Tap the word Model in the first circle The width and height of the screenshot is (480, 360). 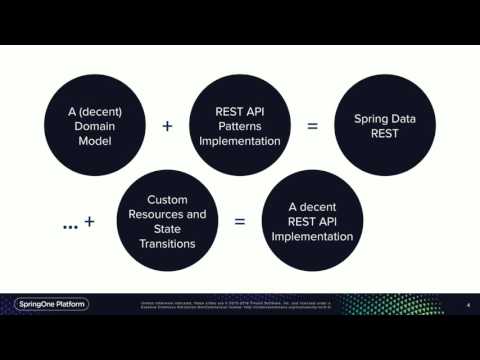pos(83,142)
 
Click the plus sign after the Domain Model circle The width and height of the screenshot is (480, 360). pos(167,127)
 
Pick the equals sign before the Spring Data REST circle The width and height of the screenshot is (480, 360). pos(313,127)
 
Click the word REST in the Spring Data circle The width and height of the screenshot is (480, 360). pos(385,135)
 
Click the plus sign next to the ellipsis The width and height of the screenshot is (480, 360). pos(90,222)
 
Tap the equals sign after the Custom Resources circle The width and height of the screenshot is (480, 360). pos(240,222)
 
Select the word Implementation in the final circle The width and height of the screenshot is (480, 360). pos(312,237)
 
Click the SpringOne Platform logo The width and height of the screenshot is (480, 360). pos(45,304)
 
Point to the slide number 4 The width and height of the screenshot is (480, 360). pos(468,305)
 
